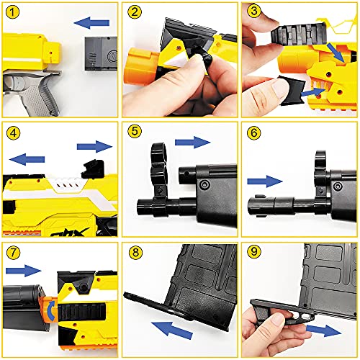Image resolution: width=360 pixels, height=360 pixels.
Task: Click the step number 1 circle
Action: point(12,12)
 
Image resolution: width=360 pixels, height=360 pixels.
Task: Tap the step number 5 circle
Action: point(135,131)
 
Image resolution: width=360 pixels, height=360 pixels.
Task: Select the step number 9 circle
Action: point(254,251)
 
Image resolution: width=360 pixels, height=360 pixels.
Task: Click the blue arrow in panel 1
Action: point(91,23)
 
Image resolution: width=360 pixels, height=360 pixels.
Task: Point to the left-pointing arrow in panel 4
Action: point(27,159)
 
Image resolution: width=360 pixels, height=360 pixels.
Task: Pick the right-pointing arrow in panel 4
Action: point(94,146)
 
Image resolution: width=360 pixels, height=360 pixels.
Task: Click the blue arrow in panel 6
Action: point(265,181)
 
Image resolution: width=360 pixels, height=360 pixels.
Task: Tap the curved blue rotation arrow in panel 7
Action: point(50,311)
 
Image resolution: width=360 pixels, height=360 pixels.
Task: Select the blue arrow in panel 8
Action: point(172,330)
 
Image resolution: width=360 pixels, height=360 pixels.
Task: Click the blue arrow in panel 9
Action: point(324,330)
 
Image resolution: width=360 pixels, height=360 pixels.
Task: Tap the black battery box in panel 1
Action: point(101,53)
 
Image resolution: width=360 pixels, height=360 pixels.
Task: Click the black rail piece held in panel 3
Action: point(299,35)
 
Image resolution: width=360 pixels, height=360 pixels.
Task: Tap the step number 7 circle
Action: point(13,252)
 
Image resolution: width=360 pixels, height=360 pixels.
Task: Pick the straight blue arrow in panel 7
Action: point(24,271)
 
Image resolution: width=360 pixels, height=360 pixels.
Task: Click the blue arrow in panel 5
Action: point(193,143)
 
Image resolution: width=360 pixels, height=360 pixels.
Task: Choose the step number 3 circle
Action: point(254,12)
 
